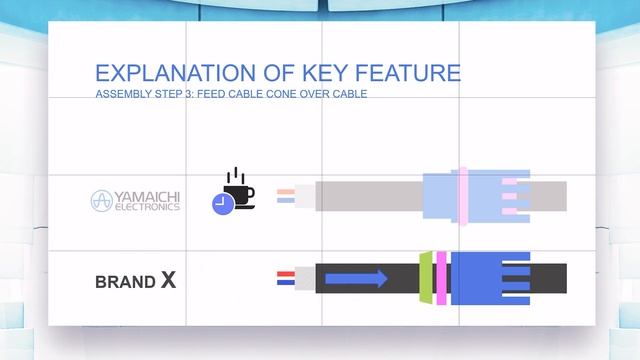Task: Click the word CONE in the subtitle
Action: point(297,95)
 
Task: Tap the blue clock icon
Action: point(221,204)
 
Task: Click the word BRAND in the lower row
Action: point(125,282)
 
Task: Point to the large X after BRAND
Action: point(168,280)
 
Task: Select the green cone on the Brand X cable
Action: point(426,277)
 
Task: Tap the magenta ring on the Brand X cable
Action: point(441,277)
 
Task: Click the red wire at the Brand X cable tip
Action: point(285,272)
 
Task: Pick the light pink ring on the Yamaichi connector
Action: point(462,195)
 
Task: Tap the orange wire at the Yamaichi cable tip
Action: point(285,190)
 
